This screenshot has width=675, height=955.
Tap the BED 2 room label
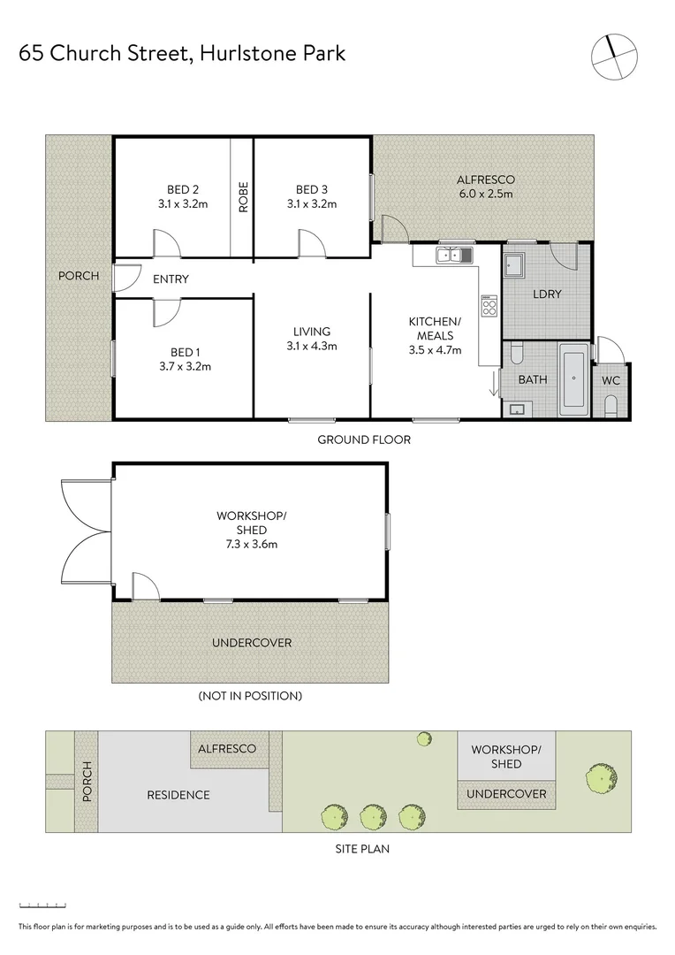[182, 189]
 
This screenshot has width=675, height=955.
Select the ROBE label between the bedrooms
[243, 196]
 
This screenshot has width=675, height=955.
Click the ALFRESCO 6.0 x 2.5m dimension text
[485, 194]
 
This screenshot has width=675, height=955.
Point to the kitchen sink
[455, 256]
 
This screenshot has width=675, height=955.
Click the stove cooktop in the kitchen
[489, 306]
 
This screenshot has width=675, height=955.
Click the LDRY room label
[547, 294]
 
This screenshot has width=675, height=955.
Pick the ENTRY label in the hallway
[171, 279]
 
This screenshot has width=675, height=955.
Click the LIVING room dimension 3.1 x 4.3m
[312, 346]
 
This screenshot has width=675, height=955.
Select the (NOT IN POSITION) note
[251, 696]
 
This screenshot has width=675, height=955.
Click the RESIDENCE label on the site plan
[178, 795]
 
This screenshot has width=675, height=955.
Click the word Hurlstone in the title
[238, 53]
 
